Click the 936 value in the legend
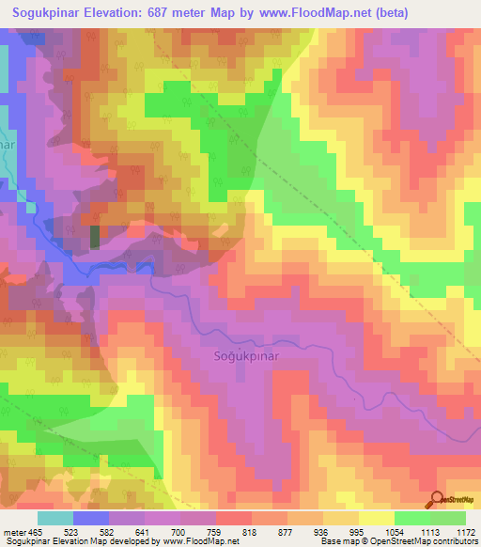click(x=364, y=531)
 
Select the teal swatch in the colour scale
click(x=55, y=518)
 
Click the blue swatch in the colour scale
click(x=91, y=518)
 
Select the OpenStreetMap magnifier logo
click(x=438, y=498)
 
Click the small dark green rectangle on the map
click(x=95, y=236)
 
